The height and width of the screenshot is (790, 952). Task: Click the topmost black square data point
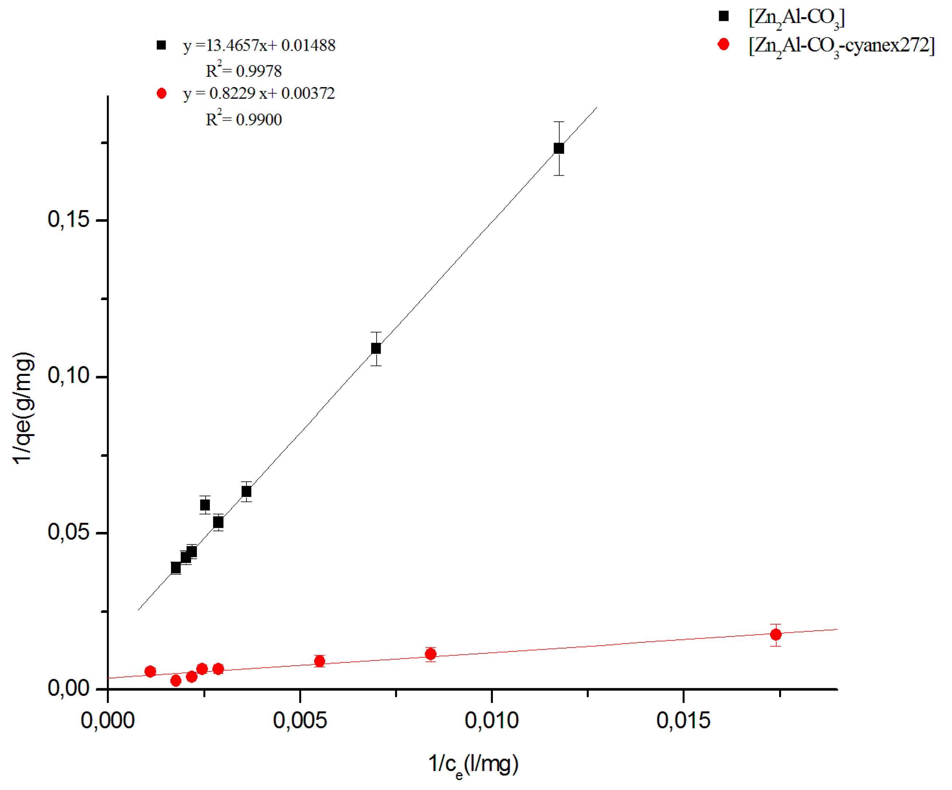[x=559, y=148]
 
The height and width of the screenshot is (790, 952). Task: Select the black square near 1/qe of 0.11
[x=376, y=349]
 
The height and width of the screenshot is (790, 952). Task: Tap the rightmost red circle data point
[x=776, y=635]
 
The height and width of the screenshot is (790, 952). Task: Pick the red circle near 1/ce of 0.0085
[x=431, y=654]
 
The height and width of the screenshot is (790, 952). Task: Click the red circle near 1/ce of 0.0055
[x=320, y=661]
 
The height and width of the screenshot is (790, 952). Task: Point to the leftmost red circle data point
[x=150, y=671]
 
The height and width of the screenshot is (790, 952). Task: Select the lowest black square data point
[x=176, y=568]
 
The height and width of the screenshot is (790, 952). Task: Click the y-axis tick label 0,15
[x=69, y=219]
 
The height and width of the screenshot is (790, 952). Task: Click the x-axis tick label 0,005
[x=300, y=721]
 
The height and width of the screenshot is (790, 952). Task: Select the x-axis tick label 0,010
[x=491, y=721]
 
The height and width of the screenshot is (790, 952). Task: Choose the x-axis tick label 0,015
[x=683, y=721]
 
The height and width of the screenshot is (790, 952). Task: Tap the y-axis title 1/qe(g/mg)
[x=23, y=408]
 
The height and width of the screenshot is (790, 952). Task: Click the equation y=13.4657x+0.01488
[x=259, y=45]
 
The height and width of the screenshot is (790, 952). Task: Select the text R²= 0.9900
[x=244, y=119]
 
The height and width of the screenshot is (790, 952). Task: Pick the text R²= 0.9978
[x=244, y=70]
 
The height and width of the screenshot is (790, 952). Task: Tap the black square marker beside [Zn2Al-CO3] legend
[x=723, y=16]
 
